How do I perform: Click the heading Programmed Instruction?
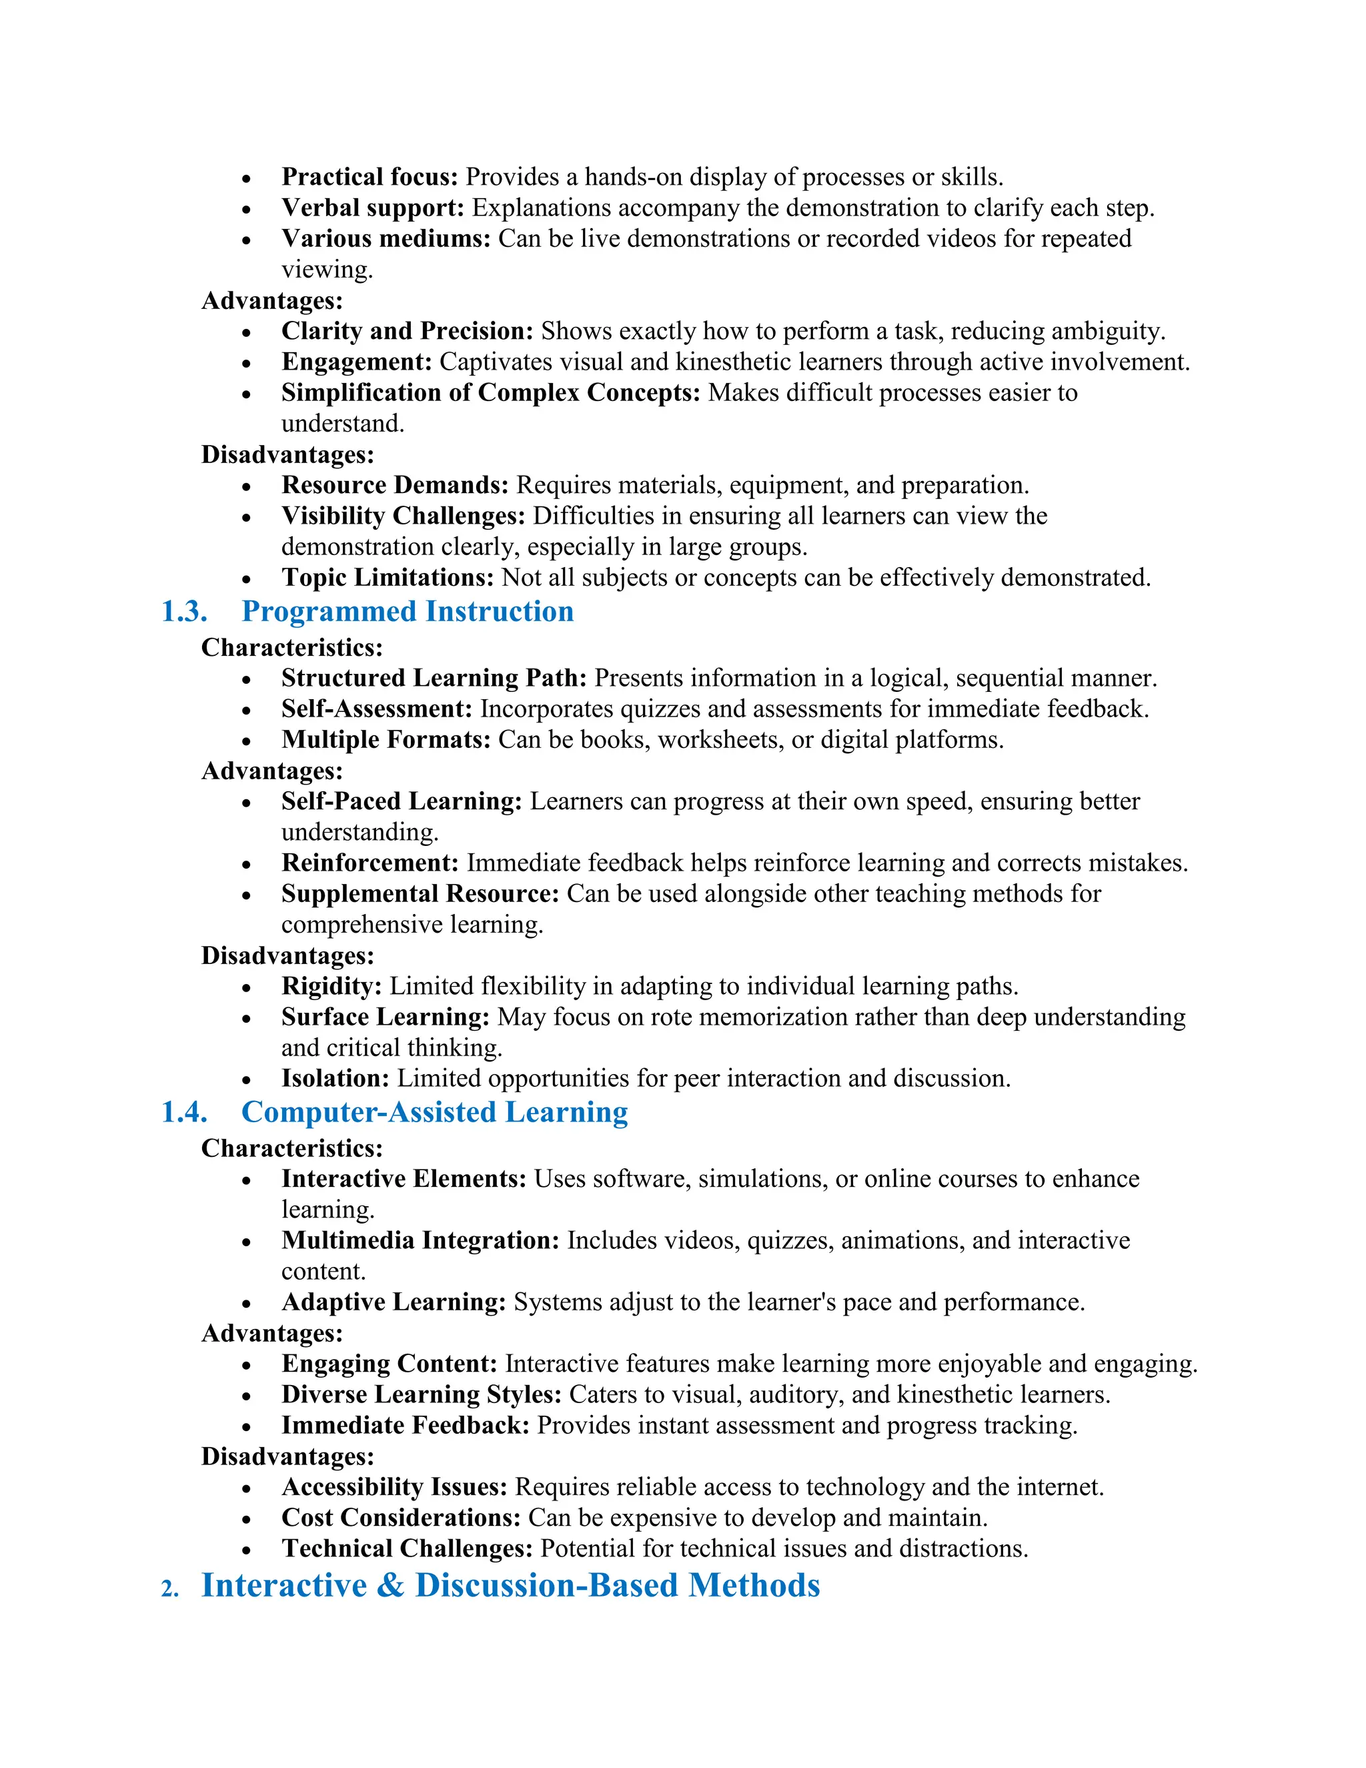pyautogui.click(x=407, y=611)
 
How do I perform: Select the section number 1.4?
pyautogui.click(x=185, y=1112)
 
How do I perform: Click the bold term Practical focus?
pyautogui.click(x=370, y=177)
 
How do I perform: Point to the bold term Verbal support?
pyautogui.click(x=372, y=207)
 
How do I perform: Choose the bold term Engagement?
pyautogui.click(x=357, y=361)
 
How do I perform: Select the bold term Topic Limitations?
pyautogui.click(x=387, y=577)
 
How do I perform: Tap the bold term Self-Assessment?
pyautogui.click(x=376, y=709)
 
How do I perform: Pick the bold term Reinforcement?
pyautogui.click(x=370, y=862)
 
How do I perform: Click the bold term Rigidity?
pyautogui.click(x=331, y=986)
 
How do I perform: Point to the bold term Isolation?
pyautogui.click(x=335, y=1078)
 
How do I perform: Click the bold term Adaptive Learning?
pyautogui.click(x=394, y=1302)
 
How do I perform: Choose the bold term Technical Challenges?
pyautogui.click(x=407, y=1548)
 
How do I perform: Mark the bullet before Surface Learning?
pyautogui.click(x=246, y=1018)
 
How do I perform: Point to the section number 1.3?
pyautogui.click(x=185, y=611)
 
